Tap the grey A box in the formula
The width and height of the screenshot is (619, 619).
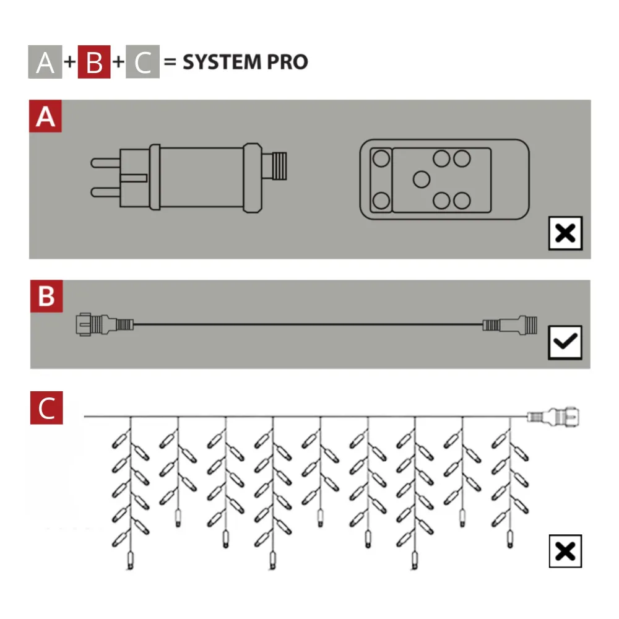pyautogui.click(x=45, y=63)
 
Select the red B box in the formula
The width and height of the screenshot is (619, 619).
pyautogui.click(x=94, y=63)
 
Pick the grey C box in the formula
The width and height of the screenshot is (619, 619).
pyautogui.click(x=143, y=63)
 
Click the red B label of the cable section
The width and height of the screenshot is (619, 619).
pyautogui.click(x=46, y=296)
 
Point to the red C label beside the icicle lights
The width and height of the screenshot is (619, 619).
pyautogui.click(x=46, y=408)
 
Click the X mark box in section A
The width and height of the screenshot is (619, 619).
pyautogui.click(x=565, y=233)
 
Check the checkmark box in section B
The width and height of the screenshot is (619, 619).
pyautogui.click(x=565, y=342)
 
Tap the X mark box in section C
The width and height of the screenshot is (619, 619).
pyautogui.click(x=565, y=551)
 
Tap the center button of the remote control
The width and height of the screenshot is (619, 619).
pyautogui.click(x=422, y=180)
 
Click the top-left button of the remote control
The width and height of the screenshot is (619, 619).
pyautogui.click(x=381, y=158)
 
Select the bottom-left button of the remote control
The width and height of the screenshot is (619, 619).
pyautogui.click(x=381, y=201)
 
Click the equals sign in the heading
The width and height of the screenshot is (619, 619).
pyautogui.click(x=170, y=63)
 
